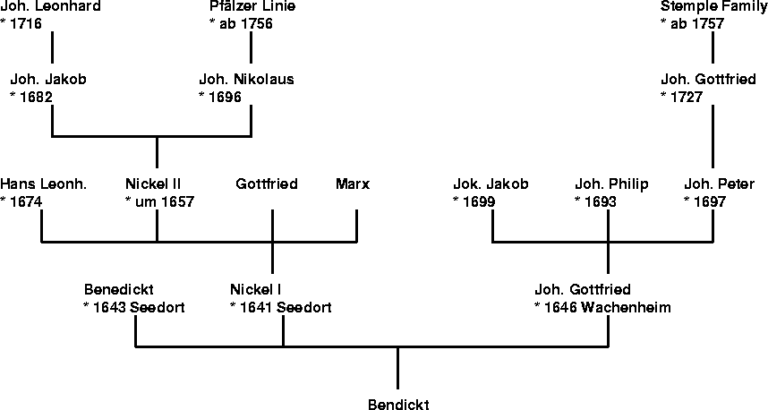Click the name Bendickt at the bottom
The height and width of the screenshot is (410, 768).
[398, 405]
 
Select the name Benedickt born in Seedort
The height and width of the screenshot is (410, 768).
[119, 290]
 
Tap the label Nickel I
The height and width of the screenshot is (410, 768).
[256, 290]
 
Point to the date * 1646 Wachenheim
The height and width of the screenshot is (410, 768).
[602, 307]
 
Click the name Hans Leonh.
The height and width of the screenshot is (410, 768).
[44, 184]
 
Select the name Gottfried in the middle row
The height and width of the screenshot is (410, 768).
[267, 184]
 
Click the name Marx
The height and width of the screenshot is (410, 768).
[353, 184]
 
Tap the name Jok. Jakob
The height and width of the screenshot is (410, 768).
[491, 184]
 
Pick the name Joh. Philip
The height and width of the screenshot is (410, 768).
[611, 184]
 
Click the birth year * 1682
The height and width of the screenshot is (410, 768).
[33, 97]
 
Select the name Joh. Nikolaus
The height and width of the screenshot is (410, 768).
[246, 79]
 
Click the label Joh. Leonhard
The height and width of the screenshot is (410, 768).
[50, 6]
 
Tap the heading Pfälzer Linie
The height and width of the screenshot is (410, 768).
[252, 6]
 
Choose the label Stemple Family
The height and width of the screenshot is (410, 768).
[713, 6]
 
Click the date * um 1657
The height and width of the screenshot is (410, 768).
[159, 202]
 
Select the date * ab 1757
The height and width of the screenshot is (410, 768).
[692, 24]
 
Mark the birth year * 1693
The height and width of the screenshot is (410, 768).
[595, 202]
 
